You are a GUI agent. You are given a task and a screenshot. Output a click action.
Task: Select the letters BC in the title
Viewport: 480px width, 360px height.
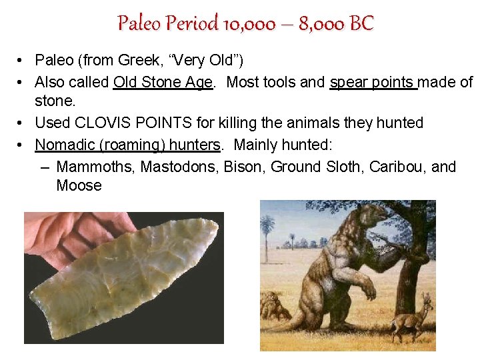(x=361, y=24)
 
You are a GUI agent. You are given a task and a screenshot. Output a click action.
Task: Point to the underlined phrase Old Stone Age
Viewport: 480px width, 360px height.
(x=163, y=82)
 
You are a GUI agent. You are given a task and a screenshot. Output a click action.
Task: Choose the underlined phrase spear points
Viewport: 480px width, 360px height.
(x=373, y=82)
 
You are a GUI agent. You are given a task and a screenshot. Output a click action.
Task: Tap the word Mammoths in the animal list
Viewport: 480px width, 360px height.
(x=97, y=167)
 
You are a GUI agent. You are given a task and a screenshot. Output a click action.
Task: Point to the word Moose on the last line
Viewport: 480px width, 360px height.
(x=79, y=186)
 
